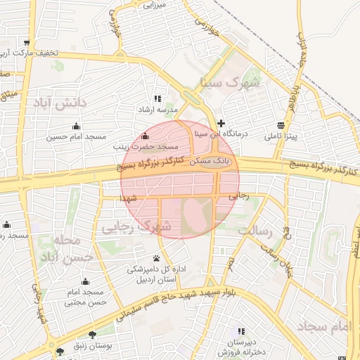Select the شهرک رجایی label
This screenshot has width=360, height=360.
point(136,227)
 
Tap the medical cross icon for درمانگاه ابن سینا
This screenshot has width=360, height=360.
point(221,123)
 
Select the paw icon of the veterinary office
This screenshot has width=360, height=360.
point(155,258)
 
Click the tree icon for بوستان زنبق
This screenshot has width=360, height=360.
point(92,334)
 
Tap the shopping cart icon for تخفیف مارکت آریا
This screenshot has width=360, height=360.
point(27,42)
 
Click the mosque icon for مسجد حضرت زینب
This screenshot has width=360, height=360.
point(146,136)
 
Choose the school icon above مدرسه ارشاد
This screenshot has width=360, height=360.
point(157,99)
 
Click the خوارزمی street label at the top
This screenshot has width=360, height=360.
point(208,27)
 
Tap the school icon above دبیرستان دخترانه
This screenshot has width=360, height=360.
point(242,330)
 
